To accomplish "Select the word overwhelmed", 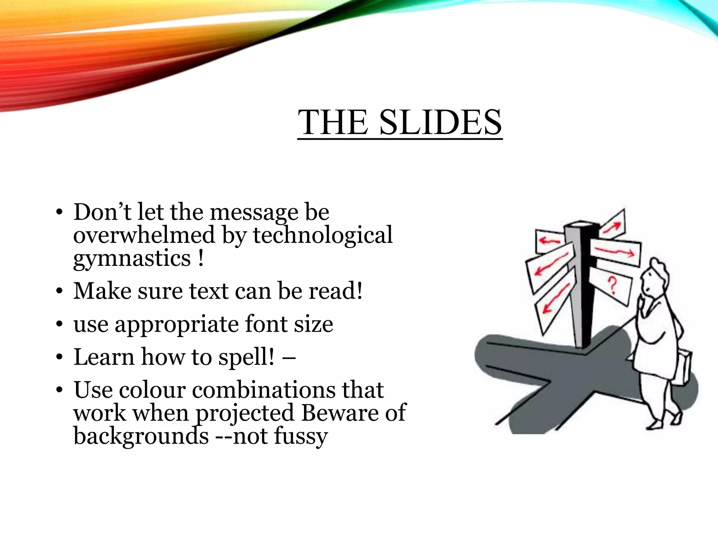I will tap(144, 235).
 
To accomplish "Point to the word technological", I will tap(323, 235).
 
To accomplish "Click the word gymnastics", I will tap(132, 259).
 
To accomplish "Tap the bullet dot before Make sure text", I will tap(59, 292).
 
